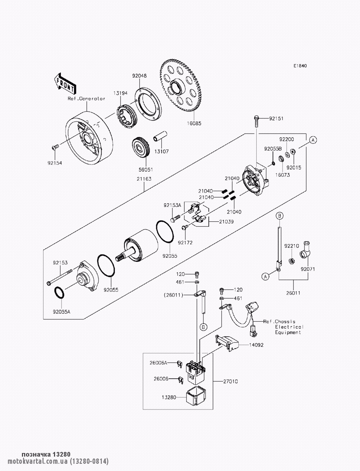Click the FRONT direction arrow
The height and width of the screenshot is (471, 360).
pyautogui.click(x=64, y=84)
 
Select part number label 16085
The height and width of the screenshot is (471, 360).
pyautogui.click(x=194, y=123)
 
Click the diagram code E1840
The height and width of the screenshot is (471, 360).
pyautogui.click(x=300, y=66)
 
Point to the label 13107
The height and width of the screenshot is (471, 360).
pyautogui.click(x=161, y=151)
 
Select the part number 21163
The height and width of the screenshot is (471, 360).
pyautogui.click(x=144, y=179)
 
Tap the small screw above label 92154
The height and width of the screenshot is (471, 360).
pyautogui.click(x=55, y=147)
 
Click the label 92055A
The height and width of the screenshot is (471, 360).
pyautogui.click(x=62, y=312)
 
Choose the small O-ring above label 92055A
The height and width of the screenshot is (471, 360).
pyautogui.click(x=59, y=293)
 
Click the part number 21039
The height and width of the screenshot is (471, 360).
pyautogui.click(x=226, y=221)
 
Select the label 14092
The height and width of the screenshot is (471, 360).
pyautogui.click(x=256, y=345)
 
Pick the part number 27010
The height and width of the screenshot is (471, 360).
pyautogui.click(x=230, y=381)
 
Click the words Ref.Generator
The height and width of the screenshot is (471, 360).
pyautogui.click(x=86, y=99)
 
